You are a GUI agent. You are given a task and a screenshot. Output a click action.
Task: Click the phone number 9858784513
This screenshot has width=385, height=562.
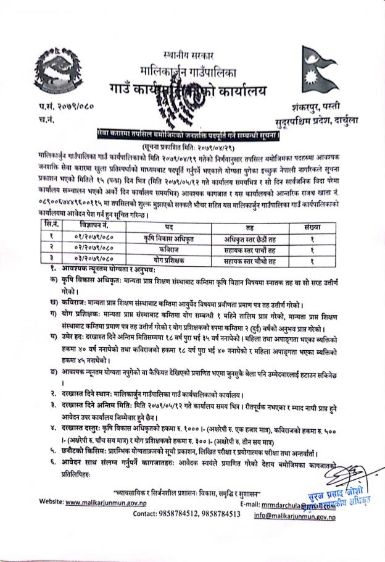pyautogui.click(x=217, y=513)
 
